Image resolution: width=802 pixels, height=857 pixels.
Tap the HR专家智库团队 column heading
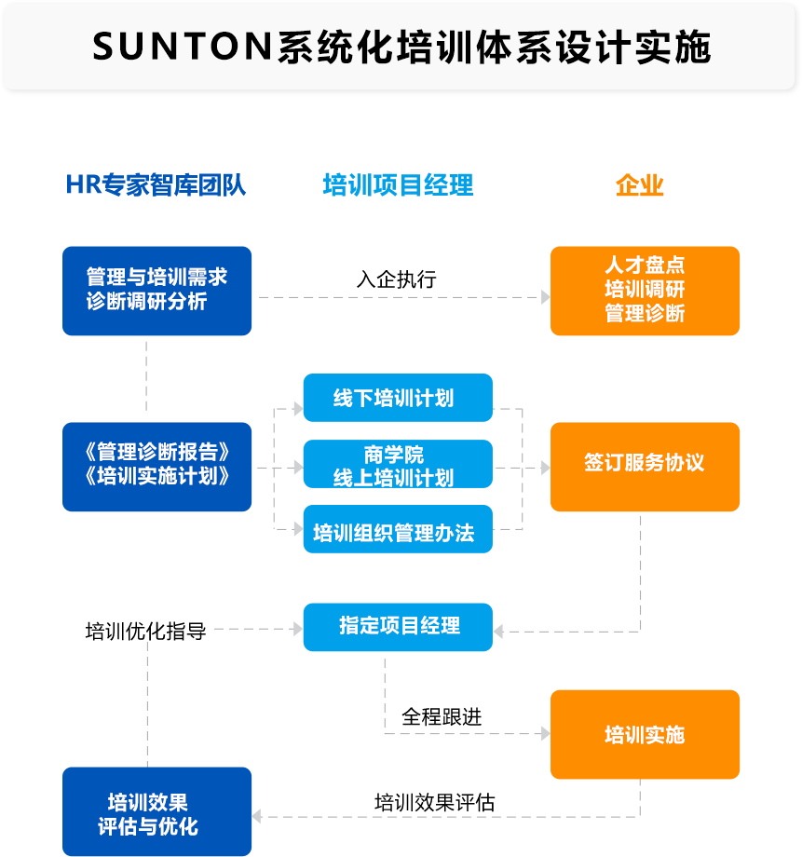pyautogui.click(x=156, y=184)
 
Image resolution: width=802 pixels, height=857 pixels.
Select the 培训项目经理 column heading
pyautogui.click(x=398, y=184)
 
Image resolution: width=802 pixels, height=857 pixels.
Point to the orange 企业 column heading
pyautogui.click(x=640, y=184)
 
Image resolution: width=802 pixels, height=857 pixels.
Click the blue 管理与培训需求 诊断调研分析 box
pyautogui.click(x=156, y=290)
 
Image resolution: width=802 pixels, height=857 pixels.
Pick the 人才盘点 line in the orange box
pyautogui.click(x=645, y=265)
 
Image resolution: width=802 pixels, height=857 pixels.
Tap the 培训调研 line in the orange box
pyautogui.click(x=645, y=289)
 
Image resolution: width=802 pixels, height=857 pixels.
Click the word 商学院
pyautogui.click(x=393, y=454)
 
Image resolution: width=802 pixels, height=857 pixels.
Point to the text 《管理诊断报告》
pyautogui.click(x=156, y=453)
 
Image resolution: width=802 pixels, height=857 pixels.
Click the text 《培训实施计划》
pyautogui.click(x=156, y=476)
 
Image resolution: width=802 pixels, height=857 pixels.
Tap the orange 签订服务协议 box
pyautogui.click(x=645, y=462)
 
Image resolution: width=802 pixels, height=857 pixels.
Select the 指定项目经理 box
pyautogui.click(x=399, y=625)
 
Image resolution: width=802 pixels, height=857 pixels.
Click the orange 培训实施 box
pyautogui.click(x=645, y=735)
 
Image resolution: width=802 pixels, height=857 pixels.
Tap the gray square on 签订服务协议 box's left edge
pyautogui.click(x=545, y=468)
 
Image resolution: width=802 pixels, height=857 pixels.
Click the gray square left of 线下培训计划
pyautogui.click(x=298, y=408)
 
